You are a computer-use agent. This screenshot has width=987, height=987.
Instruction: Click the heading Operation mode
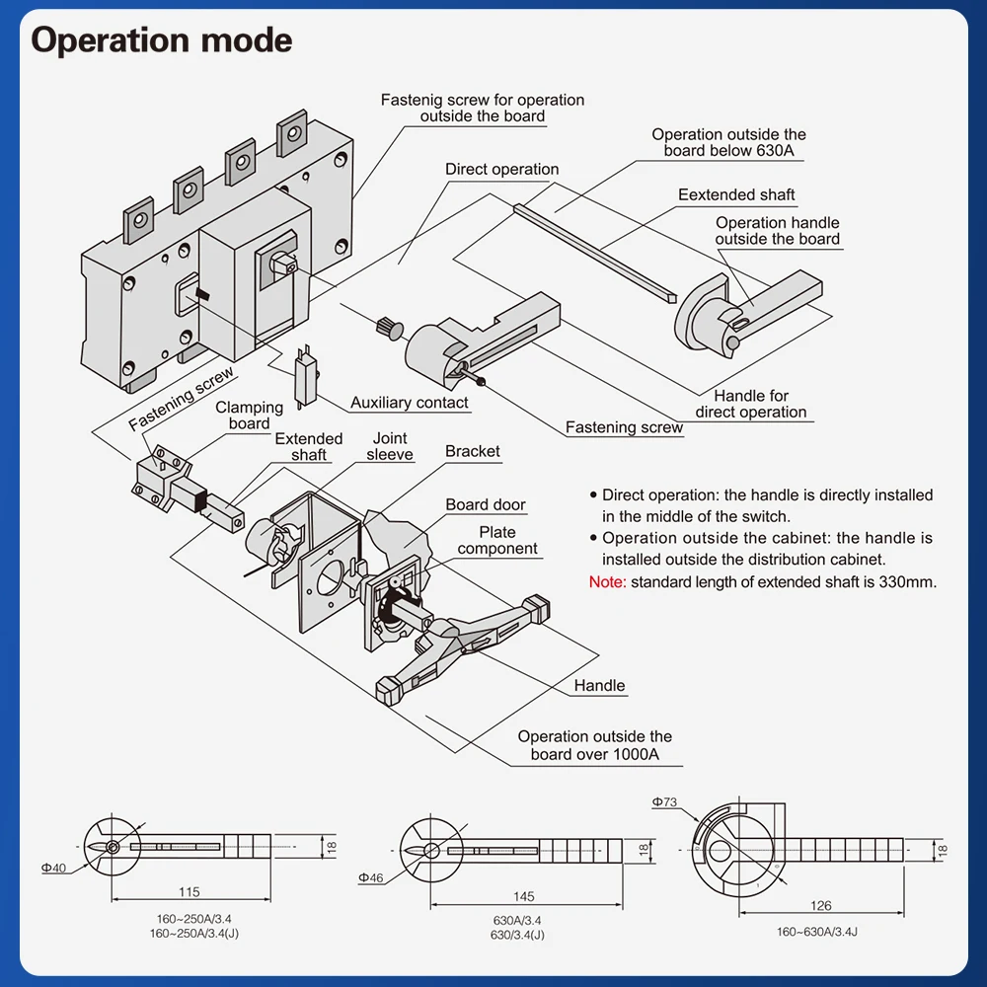pos(162,40)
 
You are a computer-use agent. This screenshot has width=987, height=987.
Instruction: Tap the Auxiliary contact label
pos(410,403)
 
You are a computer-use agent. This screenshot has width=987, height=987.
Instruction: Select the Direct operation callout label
pos(501,169)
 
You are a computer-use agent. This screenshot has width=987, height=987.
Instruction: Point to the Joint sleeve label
pos(390,446)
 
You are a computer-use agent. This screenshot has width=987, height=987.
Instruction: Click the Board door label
pos(486,504)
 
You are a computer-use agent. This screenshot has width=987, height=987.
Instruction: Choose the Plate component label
pos(497,541)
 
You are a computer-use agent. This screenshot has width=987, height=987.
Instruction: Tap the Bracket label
pos(472,451)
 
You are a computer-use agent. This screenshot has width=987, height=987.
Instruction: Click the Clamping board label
pos(249,416)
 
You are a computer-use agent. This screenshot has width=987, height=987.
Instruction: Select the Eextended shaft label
pos(736,194)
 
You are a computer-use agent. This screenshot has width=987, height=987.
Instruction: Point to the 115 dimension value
pos(190,892)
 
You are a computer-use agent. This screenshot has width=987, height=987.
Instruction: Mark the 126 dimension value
pos(820,905)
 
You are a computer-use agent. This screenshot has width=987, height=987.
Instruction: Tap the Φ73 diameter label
pos(664,802)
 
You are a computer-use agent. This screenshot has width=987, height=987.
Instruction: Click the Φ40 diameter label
pos(53,868)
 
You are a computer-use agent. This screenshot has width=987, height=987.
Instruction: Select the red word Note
pos(607,581)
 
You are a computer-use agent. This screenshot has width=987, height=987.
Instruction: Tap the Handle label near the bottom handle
pos(599,685)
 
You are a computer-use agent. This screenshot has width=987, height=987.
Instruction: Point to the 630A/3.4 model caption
pos(517,921)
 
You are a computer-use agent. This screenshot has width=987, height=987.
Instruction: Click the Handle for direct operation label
pos(751,404)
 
